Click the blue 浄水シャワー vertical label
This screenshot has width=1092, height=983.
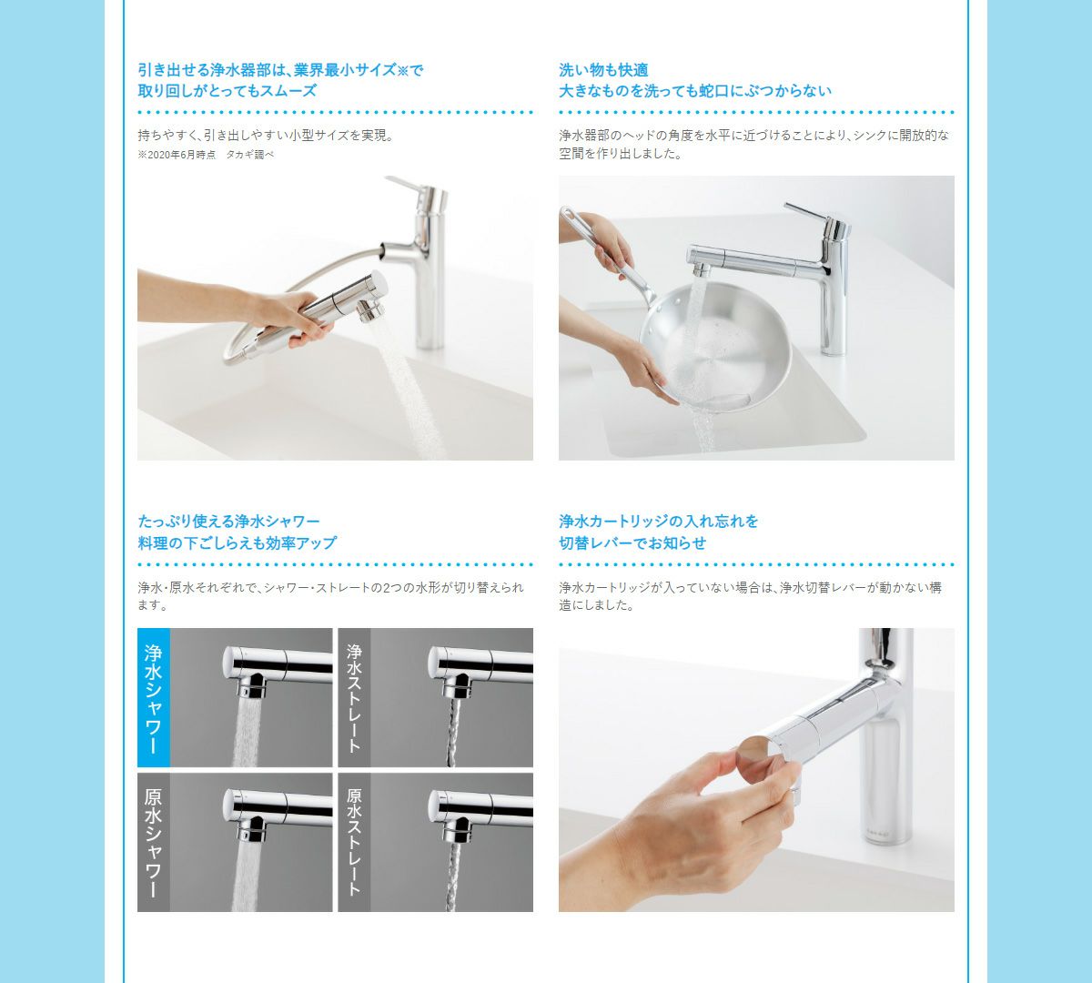[154, 697]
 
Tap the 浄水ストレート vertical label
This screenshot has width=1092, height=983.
[354, 697]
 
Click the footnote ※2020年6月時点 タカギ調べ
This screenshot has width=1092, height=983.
[206, 155]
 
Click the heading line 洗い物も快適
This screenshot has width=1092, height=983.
[603, 70]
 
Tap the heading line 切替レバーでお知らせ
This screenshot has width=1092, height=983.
[632, 543]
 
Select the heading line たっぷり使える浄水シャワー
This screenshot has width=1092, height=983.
[228, 522]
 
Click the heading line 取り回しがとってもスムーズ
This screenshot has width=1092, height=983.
[227, 91]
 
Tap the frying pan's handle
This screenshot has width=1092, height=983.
[605, 246]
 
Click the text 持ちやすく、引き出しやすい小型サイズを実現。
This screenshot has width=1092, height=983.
[267, 135]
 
